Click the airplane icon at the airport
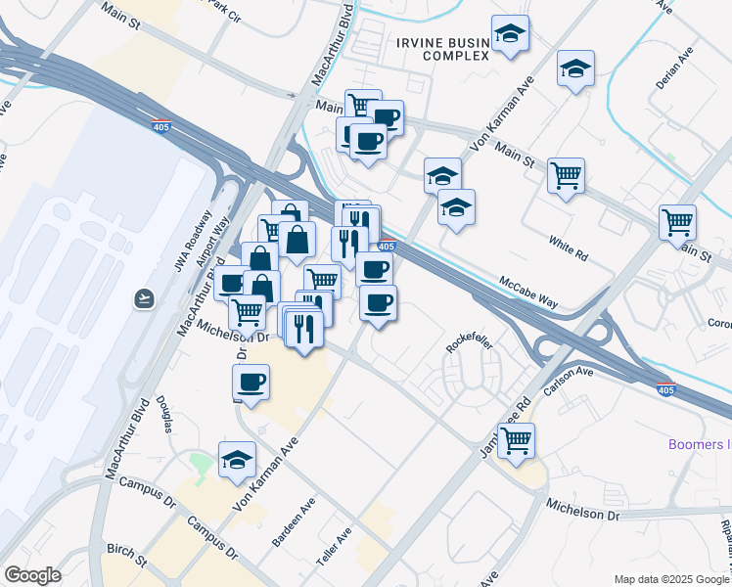tap(145, 297)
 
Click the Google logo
tap(32, 575)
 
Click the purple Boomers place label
tap(699, 444)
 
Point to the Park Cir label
tap(221, 14)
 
